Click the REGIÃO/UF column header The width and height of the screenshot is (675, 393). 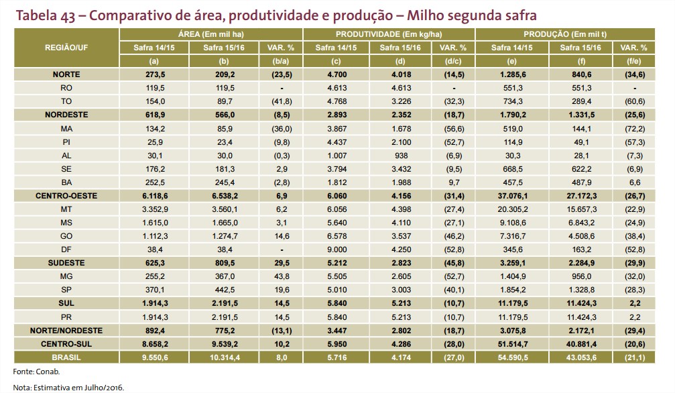(x=66, y=47)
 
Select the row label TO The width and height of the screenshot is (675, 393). (x=66, y=101)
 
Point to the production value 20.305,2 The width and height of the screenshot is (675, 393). (x=515, y=210)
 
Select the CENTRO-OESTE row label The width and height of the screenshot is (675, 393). (x=66, y=196)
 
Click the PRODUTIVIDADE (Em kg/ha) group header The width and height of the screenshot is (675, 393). (x=389, y=34)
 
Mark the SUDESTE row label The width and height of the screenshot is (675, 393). (x=66, y=262)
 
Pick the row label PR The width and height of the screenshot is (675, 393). (x=66, y=316)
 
